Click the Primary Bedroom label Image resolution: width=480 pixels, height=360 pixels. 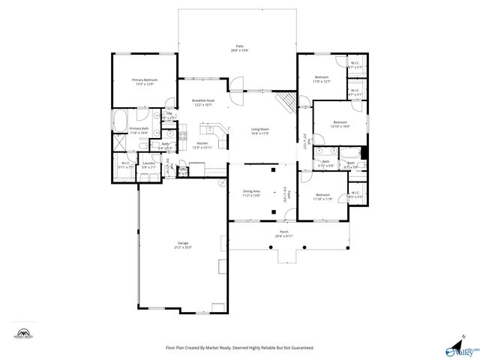pos(144,82)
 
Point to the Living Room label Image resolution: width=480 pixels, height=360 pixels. pos(259,131)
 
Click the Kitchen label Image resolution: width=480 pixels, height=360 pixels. pos(202,145)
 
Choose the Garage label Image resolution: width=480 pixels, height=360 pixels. pos(183,244)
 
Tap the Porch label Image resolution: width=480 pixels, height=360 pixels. pos(284,233)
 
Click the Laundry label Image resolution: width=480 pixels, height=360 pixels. pos(148,164)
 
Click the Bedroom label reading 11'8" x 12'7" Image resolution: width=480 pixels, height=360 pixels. pos(322,79)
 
